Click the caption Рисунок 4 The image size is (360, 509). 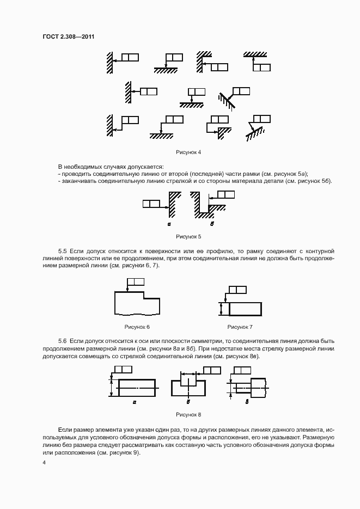pyautogui.click(x=188, y=152)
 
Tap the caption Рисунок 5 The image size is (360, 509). pyautogui.click(x=188, y=237)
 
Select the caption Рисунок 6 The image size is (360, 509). pyautogui.click(x=137, y=327)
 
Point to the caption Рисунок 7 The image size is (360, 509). pyautogui.click(x=240, y=327)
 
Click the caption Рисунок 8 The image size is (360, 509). pyautogui.click(x=188, y=414)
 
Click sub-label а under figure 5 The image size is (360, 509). pyautogui.click(x=169, y=224)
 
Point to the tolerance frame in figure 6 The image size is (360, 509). pyautogui.click(x=136, y=282)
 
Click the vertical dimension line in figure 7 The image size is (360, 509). pyautogui.click(x=221, y=309)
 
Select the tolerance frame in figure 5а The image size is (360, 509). pyautogui.click(x=151, y=204)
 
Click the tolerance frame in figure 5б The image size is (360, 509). pyautogui.click(x=225, y=194)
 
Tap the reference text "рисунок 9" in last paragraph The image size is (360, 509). pyautogui.click(x=125, y=453)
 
